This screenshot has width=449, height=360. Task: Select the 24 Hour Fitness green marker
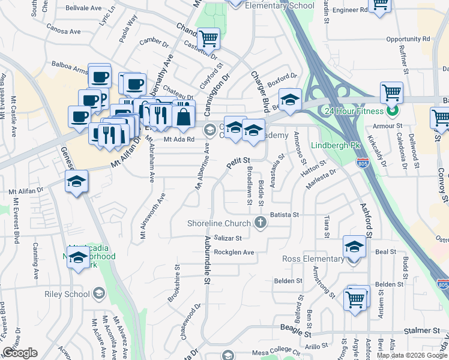(x=392, y=111)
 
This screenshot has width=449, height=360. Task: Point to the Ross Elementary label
(x=313, y=259)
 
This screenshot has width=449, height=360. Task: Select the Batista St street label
(x=285, y=214)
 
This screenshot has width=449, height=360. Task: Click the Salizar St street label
(x=228, y=239)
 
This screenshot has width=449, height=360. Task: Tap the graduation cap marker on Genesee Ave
(x=77, y=182)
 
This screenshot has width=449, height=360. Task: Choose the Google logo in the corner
(x=20, y=353)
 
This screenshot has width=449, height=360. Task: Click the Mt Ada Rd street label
(x=179, y=139)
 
